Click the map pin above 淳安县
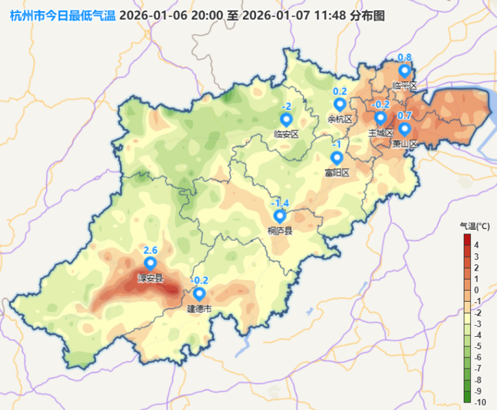click(150, 264)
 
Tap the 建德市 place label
click(199, 309)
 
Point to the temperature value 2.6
click(150, 250)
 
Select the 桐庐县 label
click(280, 231)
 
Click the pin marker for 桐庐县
click(280, 215)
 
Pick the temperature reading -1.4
click(280, 202)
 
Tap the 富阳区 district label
click(338, 173)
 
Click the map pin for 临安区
click(286, 119)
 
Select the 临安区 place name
click(286, 134)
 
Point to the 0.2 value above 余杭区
click(340, 91)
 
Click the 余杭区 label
click(340, 119)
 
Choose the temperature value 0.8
click(405, 57)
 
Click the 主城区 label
click(380, 133)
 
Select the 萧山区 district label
click(405, 144)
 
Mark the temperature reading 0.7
click(405, 115)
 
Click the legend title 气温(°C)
click(475, 226)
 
